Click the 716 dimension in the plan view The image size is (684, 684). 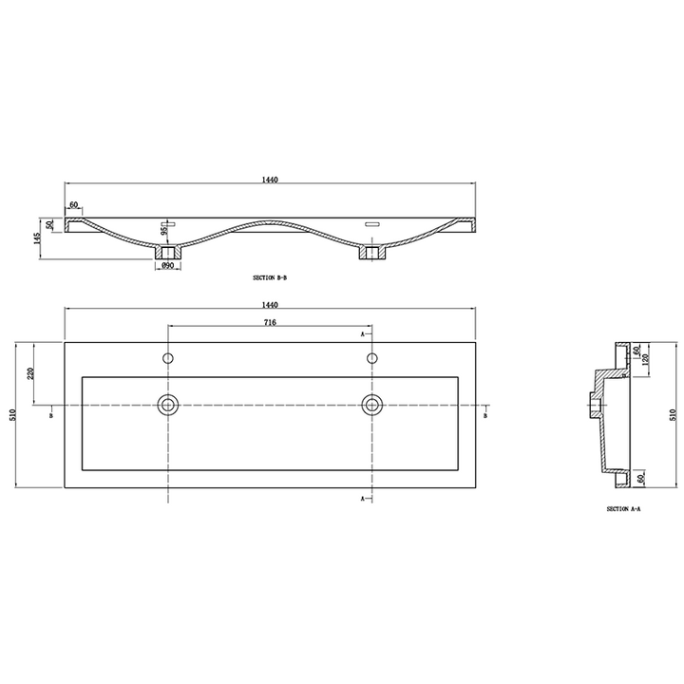click(270, 322)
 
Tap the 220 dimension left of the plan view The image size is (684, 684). click(30, 374)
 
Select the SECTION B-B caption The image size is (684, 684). click(270, 277)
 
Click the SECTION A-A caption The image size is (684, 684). click(624, 508)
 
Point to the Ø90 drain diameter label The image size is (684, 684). click(168, 265)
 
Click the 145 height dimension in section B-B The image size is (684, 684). click(37, 238)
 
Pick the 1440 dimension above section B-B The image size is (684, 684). click(270, 180)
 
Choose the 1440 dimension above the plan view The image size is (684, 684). click(270, 305)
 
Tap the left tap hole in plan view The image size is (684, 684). click(168, 358)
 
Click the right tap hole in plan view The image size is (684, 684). click(371, 358)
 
